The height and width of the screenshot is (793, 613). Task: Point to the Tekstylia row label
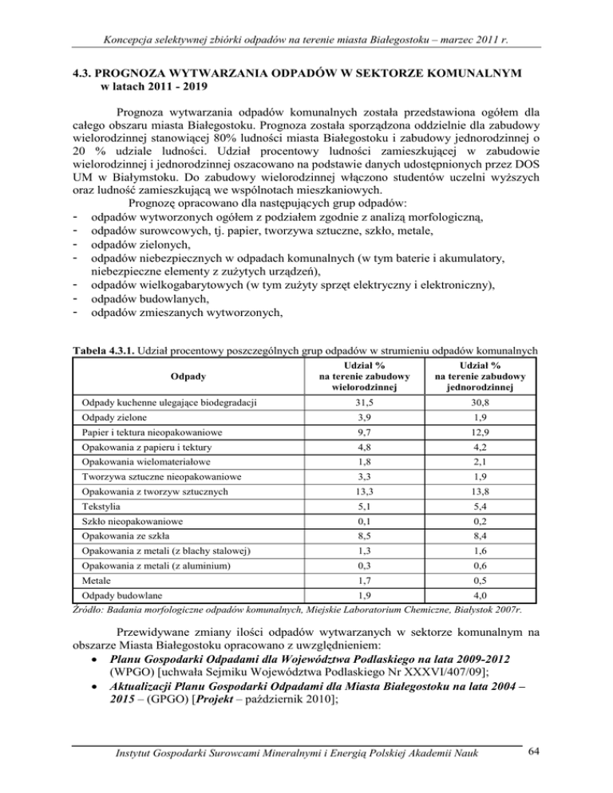coord(96,526)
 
